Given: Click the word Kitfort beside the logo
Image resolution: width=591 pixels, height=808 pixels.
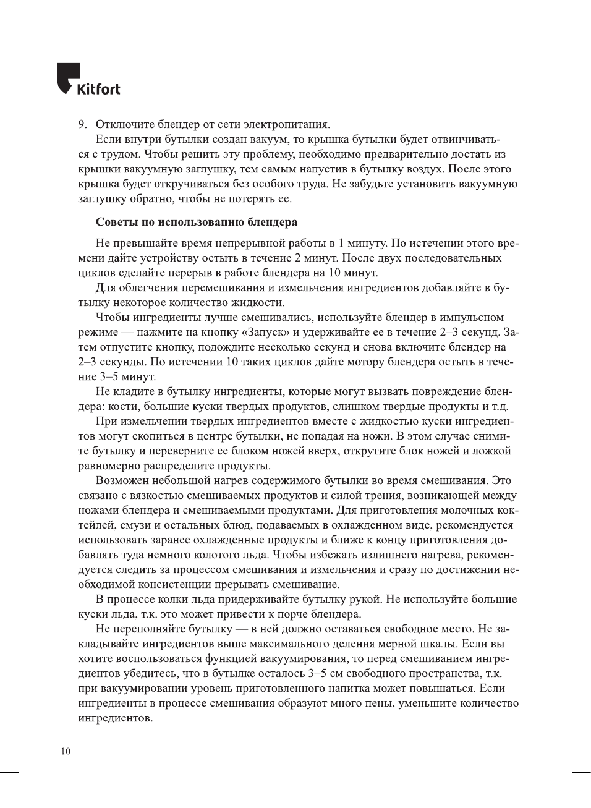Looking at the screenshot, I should (98, 89).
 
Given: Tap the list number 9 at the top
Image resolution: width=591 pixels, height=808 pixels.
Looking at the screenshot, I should (81, 124).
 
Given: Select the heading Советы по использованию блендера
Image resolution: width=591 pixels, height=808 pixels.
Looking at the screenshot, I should (196, 222).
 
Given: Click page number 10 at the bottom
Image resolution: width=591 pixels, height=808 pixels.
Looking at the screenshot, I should (66, 751).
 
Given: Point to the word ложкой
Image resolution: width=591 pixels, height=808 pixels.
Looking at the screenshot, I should (493, 451).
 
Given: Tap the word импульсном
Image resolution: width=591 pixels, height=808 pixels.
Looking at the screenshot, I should (474, 317).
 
